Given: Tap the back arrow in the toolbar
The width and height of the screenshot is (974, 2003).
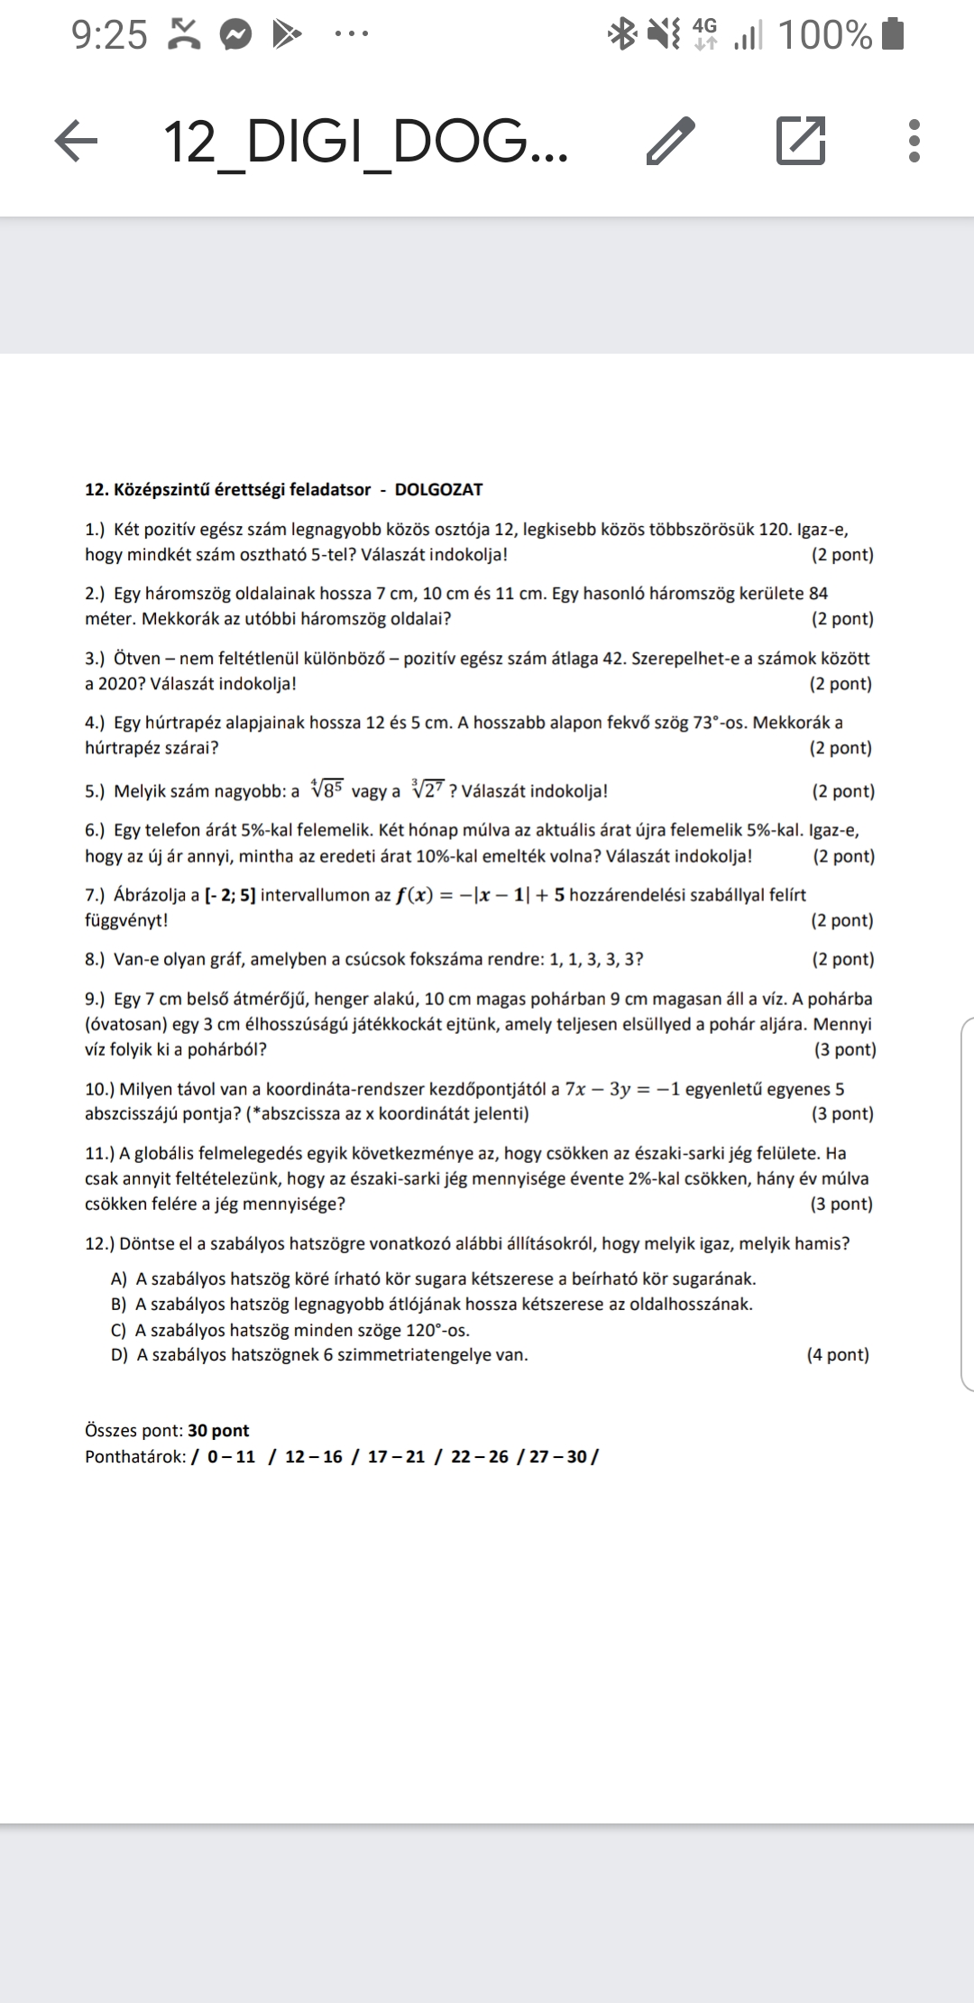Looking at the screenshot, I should [76, 142].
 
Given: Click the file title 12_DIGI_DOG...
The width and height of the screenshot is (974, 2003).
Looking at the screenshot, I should [365, 142].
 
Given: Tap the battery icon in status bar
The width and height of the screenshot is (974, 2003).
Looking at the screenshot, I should [893, 34].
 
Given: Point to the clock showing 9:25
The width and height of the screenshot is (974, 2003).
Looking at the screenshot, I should [109, 35].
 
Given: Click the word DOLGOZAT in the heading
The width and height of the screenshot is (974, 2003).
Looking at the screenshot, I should [438, 490].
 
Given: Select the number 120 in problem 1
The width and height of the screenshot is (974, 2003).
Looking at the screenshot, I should [774, 530].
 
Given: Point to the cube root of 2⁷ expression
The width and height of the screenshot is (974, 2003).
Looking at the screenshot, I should [427, 790].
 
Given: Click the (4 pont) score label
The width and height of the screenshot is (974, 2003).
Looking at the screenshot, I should [838, 1355].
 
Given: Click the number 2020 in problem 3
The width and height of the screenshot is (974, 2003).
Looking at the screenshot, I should [115, 684].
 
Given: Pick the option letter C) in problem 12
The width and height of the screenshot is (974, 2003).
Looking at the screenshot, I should [119, 1330].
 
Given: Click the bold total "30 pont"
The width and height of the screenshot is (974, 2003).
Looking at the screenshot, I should [218, 1431].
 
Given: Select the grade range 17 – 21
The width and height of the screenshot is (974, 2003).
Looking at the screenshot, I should [396, 1457].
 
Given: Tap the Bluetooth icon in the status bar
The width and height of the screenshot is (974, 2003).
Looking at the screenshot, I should [621, 34].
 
